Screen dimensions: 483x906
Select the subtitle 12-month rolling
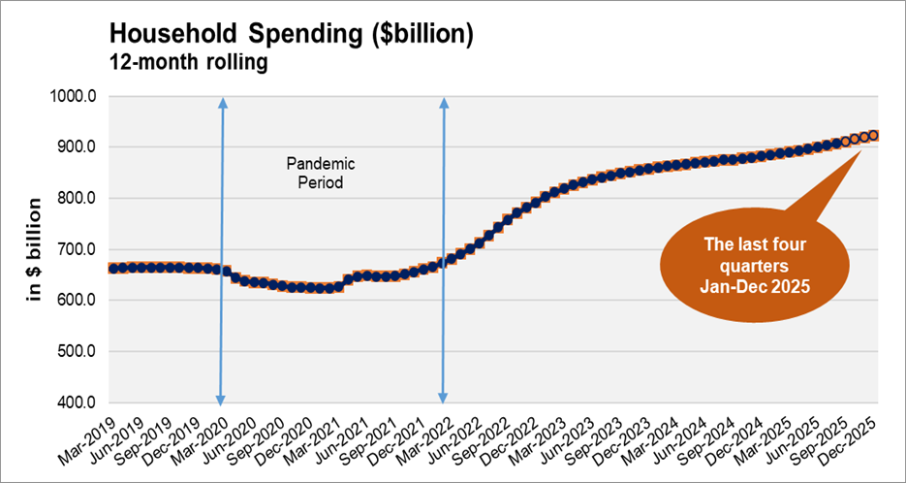pyautogui.click(x=188, y=64)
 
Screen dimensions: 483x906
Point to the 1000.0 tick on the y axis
pyautogui.click(x=77, y=96)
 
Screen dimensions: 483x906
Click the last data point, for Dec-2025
pyautogui.click(x=873, y=136)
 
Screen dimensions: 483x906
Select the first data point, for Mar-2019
pyautogui.click(x=114, y=268)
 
